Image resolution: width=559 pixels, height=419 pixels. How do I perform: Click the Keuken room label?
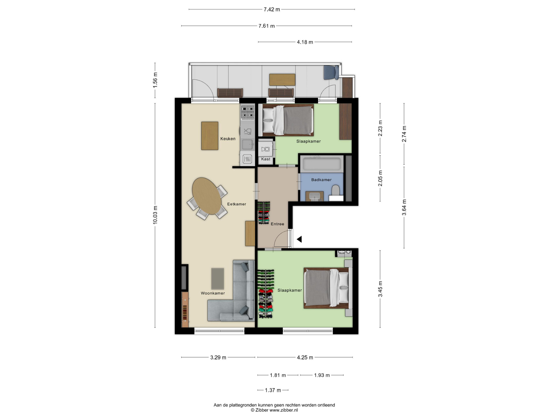pyautogui.click(x=228, y=139)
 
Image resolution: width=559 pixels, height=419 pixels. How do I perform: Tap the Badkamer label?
pyautogui.click(x=321, y=180)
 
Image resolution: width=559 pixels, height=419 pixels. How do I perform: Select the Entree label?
pyautogui.click(x=277, y=224)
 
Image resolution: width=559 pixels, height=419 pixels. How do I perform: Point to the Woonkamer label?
pyautogui.click(x=213, y=293)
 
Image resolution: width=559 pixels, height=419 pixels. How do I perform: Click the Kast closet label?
pyautogui.click(x=266, y=159)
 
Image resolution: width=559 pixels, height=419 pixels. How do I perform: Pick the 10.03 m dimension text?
pyautogui.click(x=155, y=215)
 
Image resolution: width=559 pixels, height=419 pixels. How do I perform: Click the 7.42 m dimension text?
pyautogui.click(x=272, y=10)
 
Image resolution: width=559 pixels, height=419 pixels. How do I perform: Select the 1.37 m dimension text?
pyautogui.click(x=273, y=390)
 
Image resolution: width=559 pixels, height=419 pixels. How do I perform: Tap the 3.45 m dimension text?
pyautogui.click(x=380, y=289)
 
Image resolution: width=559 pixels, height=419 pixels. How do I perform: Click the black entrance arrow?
pyautogui.click(x=299, y=239)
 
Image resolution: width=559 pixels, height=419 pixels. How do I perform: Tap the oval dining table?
pyautogui.click(x=207, y=196)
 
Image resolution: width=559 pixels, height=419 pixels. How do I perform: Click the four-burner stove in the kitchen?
pyautogui.click(x=247, y=112)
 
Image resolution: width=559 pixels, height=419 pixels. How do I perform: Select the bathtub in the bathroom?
pyautogui.click(x=322, y=164)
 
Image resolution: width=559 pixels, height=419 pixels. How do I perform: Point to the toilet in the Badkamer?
pyautogui.click(x=336, y=191)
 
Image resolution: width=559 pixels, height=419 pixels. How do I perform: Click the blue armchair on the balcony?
pyautogui.click(x=331, y=72)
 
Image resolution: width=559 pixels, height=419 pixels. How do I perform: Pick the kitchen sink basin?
pyautogui.click(x=247, y=144)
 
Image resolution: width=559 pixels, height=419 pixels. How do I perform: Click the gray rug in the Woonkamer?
pyautogui.click(x=217, y=279)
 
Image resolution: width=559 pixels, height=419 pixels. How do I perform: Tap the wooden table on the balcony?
pyautogui.click(x=282, y=80)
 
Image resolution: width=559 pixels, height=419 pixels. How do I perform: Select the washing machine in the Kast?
pyautogui.click(x=265, y=149)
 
